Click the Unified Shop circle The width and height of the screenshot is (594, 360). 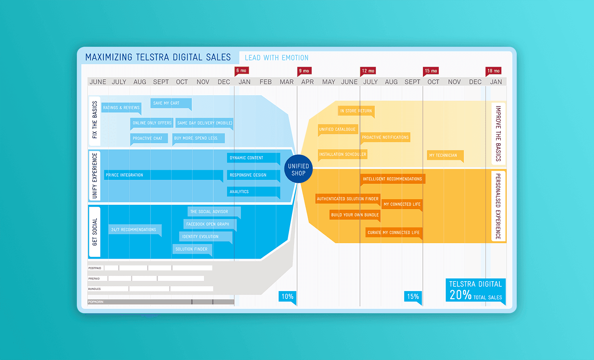tap(299, 169)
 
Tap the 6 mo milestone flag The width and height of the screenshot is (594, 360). tap(241, 70)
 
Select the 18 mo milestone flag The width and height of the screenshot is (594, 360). tap(493, 71)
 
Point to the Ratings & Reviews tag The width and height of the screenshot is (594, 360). tap(121, 107)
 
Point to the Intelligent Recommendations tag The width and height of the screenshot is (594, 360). tap(392, 179)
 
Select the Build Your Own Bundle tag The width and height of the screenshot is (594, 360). tap(355, 215)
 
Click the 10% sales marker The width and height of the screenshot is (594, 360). tap(287, 296)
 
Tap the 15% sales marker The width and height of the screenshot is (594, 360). tap(413, 296)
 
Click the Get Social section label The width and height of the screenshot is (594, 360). tap(95, 232)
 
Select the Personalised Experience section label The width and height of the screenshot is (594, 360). tap(498, 206)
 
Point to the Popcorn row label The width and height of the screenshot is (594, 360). tap(96, 302)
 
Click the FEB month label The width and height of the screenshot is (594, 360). tap(265, 82)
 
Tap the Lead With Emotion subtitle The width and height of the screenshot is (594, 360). tap(276, 58)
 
